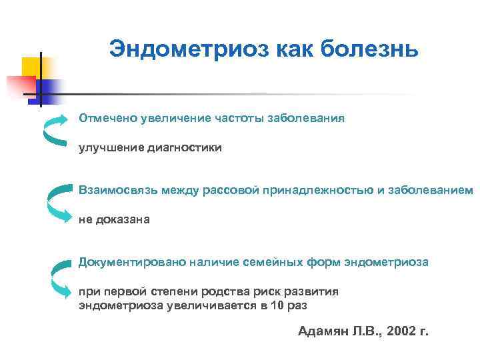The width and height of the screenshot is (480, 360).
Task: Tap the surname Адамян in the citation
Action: point(320,331)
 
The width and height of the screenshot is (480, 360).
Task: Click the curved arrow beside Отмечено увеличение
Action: point(54,129)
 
